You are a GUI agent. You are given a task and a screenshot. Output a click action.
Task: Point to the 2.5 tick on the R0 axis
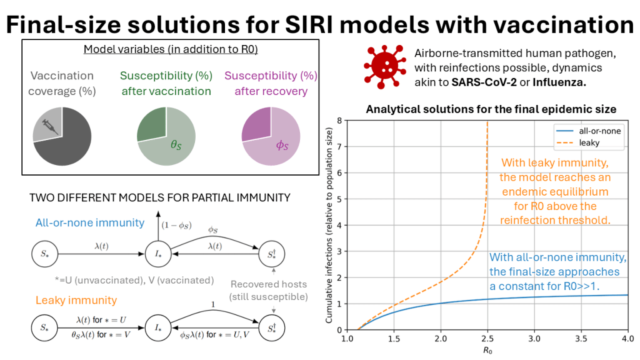(487, 339)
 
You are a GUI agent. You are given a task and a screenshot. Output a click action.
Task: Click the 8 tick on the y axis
(339, 121)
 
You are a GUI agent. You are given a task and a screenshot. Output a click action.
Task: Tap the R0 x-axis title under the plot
(487, 351)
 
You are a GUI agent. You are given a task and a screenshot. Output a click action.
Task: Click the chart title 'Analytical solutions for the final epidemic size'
(491, 109)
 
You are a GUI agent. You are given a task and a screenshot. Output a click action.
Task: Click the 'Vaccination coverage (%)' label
(62, 83)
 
